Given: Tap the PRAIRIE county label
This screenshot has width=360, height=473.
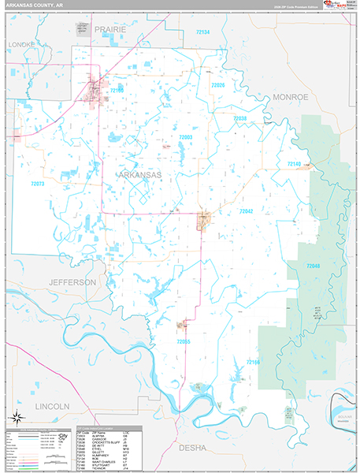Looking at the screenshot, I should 110,29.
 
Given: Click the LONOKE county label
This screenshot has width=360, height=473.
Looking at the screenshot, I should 21,45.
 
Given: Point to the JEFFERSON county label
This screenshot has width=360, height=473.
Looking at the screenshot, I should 72,281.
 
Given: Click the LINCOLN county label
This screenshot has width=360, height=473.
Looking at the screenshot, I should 53,405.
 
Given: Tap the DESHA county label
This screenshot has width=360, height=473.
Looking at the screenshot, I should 192,447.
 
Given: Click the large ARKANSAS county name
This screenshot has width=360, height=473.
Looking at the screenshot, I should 139,174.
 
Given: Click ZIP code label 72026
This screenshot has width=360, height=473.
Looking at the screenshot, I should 217,85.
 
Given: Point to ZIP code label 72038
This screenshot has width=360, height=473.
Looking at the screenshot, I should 239,118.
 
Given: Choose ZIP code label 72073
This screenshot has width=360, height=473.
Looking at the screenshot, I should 38,184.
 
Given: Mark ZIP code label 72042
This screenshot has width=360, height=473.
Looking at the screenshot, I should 246,211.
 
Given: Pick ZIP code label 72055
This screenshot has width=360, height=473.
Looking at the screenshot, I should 184,341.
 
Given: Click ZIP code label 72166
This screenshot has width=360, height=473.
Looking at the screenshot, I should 252,361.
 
